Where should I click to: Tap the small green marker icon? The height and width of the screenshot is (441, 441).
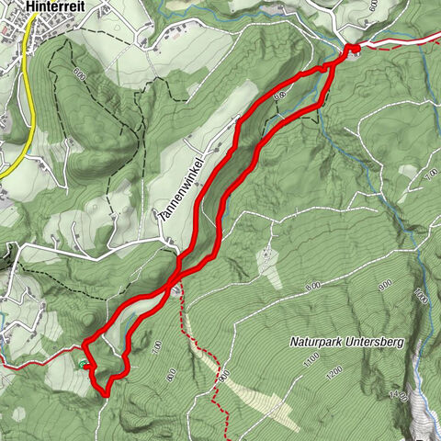tap(85, 365)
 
